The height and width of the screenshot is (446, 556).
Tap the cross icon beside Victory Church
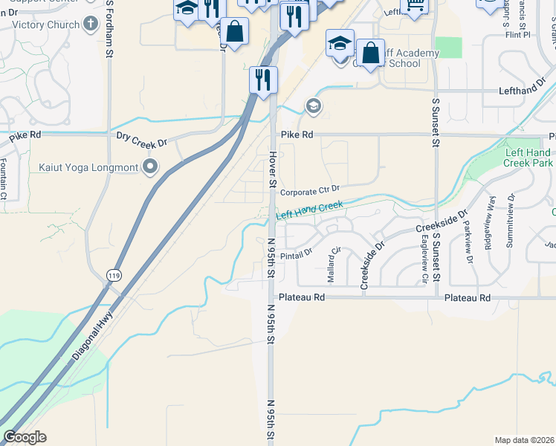click(91, 25)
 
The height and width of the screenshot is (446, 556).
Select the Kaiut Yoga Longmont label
click(88, 167)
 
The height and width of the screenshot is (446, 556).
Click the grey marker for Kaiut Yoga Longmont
click(152, 167)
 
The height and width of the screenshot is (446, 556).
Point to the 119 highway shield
click(113, 275)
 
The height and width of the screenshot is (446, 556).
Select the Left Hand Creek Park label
click(528, 158)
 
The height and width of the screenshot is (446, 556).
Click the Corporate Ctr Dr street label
click(310, 190)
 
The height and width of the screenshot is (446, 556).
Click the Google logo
click(25, 437)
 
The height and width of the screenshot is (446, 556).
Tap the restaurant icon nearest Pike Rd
click(262, 80)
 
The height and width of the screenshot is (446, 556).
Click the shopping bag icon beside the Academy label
click(369, 54)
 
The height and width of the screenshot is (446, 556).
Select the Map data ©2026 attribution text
click(524, 440)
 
